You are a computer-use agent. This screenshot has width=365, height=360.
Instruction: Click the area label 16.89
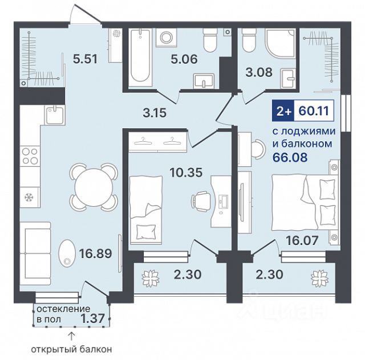pyautogui.click(x=95, y=253)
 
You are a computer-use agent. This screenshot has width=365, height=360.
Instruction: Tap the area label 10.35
pyautogui.click(x=186, y=173)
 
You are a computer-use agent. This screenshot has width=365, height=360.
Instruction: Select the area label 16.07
pyautogui.click(x=302, y=240)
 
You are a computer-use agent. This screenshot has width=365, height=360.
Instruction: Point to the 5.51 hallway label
pyautogui.click(x=85, y=59)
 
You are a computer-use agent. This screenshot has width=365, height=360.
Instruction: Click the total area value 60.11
pyautogui.click(x=314, y=111)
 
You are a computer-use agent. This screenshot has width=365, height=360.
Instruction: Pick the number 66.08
pyautogui.click(x=290, y=157)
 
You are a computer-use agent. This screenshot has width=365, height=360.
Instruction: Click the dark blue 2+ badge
pyautogui.click(x=283, y=111)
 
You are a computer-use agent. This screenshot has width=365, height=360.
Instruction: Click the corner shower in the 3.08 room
pyautogui.click(x=281, y=43)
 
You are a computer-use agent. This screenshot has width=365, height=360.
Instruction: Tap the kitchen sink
pyautogui.click(x=55, y=114)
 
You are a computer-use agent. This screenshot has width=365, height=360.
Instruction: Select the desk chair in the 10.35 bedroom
pyautogui.click(x=200, y=201)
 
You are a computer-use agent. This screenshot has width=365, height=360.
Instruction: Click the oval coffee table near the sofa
pyautogui.click(x=67, y=253)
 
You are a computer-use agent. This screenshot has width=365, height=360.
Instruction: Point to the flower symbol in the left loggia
pyautogui.click(x=151, y=279)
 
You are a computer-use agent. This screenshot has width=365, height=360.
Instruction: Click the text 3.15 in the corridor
pyautogui.click(x=155, y=113)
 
